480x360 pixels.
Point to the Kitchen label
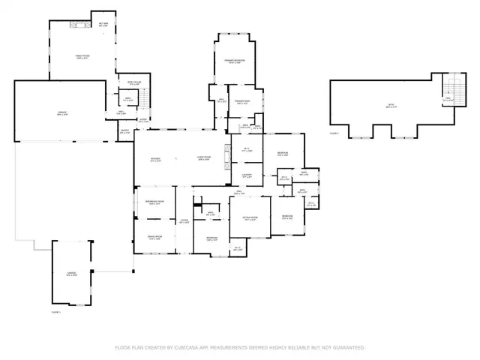point(155,160)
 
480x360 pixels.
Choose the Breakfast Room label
point(154,202)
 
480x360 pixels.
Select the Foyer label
point(183,220)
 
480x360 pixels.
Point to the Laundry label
point(246,176)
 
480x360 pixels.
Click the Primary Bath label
point(241,101)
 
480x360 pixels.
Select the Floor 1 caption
point(55,310)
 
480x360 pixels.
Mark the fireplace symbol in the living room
point(227,157)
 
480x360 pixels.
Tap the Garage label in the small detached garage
point(70,275)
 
